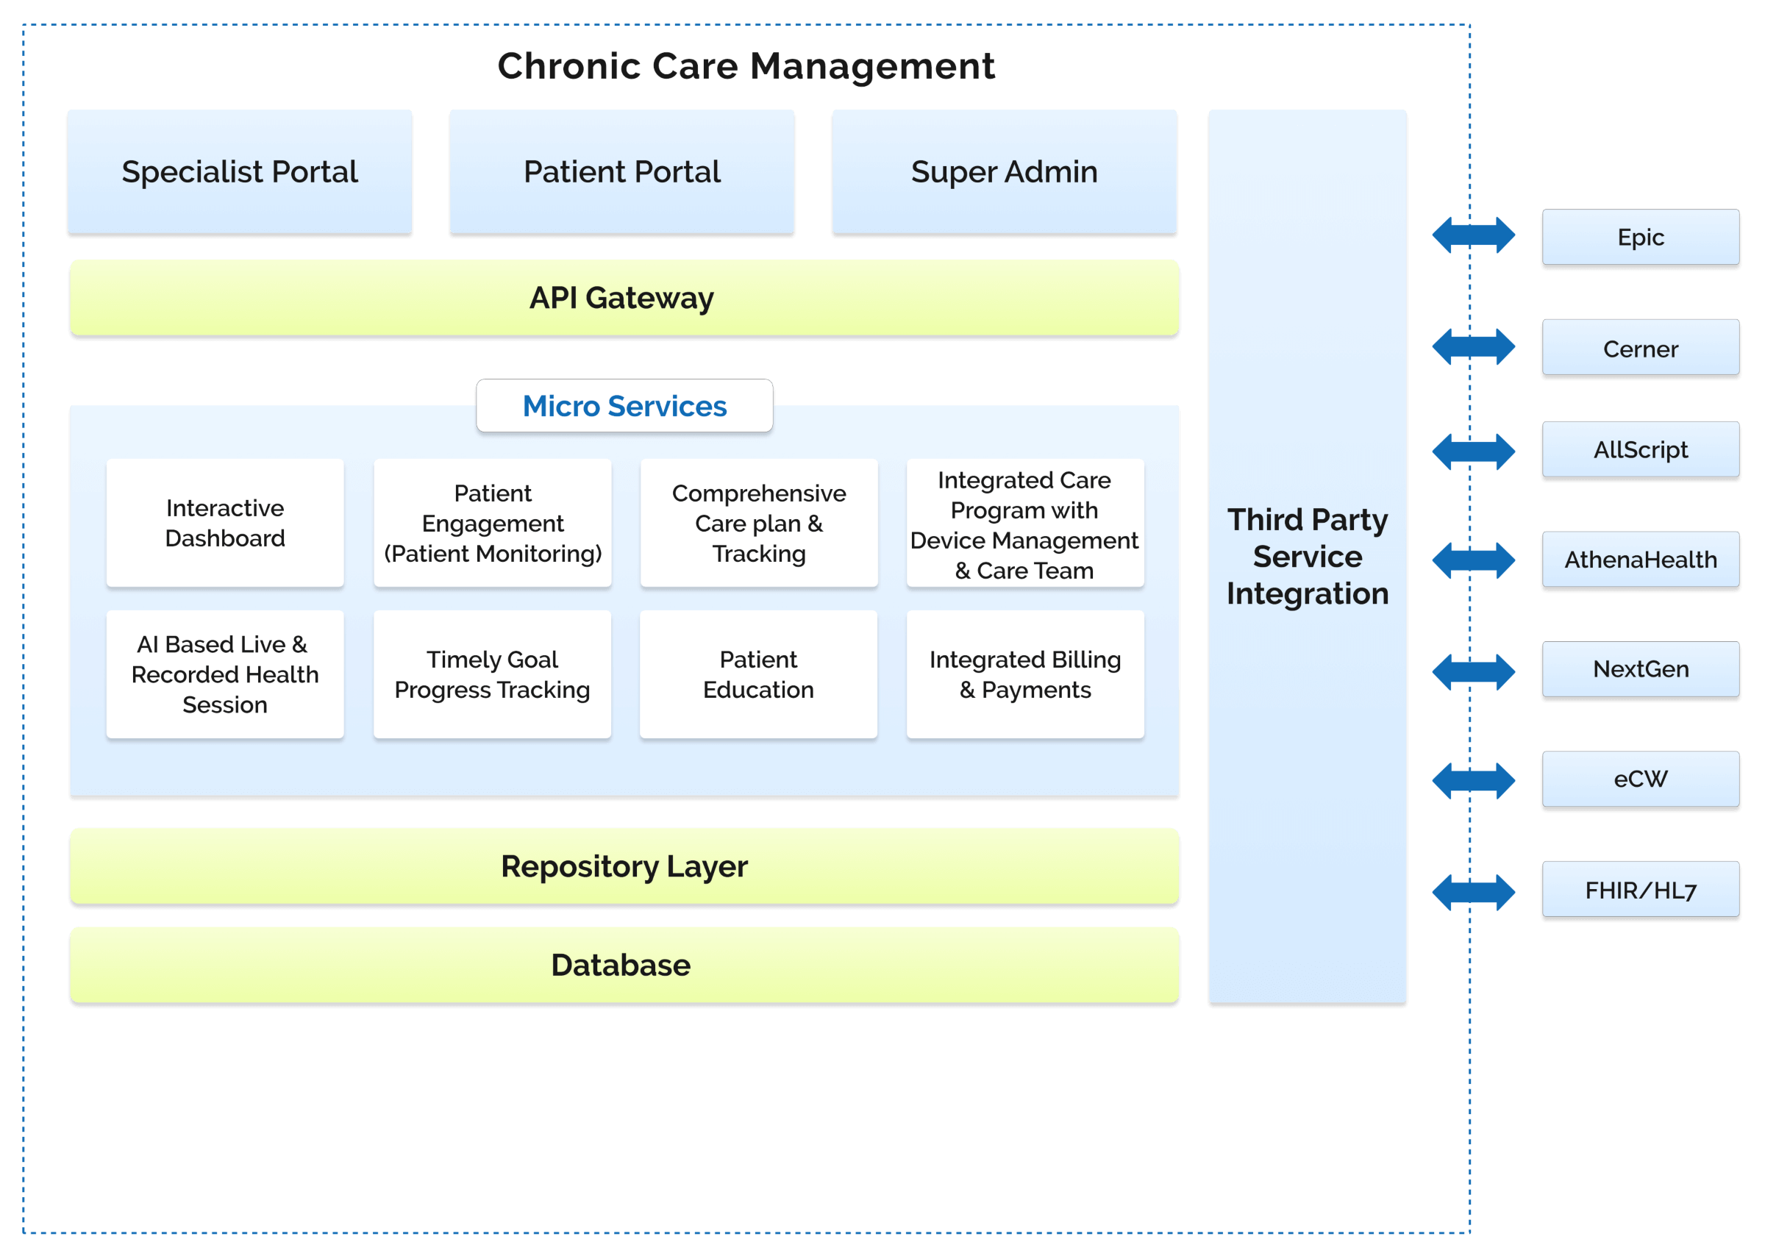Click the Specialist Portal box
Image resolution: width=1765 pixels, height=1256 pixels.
click(x=240, y=171)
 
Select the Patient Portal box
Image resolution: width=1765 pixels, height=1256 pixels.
click(x=622, y=171)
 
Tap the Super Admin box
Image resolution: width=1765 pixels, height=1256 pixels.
click(x=1004, y=171)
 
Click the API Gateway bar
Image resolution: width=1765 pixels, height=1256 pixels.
click(x=624, y=298)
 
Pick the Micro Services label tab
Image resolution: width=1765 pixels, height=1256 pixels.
click(x=624, y=406)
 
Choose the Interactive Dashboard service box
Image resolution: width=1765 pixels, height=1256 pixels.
click(x=225, y=523)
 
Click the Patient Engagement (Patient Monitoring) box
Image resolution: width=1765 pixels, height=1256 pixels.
click(x=493, y=523)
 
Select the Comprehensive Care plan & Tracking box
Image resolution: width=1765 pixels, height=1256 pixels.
click(x=759, y=523)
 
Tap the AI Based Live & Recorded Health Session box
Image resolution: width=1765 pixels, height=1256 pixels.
click(x=225, y=674)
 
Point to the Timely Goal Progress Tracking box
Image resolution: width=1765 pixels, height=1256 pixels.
click(x=493, y=674)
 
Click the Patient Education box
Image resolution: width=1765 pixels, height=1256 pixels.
click(x=759, y=674)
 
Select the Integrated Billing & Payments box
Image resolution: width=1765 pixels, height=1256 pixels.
click(x=1025, y=674)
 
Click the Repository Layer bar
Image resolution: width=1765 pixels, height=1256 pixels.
click(x=624, y=866)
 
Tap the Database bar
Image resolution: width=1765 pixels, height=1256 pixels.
click(x=624, y=966)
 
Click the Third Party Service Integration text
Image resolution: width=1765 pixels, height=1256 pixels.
click(x=1307, y=556)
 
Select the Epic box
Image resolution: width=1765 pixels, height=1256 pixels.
click(x=1641, y=238)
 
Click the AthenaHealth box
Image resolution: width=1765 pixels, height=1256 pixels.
click(x=1641, y=559)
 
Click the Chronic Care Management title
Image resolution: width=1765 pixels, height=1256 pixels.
click(x=746, y=65)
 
